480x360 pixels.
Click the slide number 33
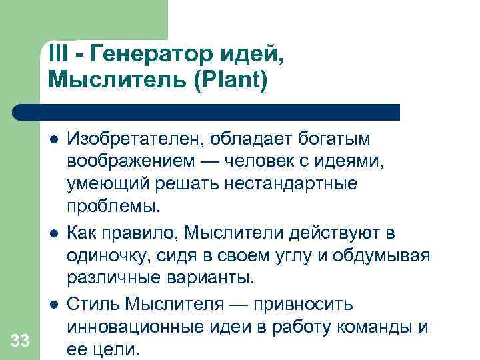pos(20,341)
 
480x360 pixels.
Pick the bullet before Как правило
pos(53,233)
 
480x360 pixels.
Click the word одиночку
pos(112,255)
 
